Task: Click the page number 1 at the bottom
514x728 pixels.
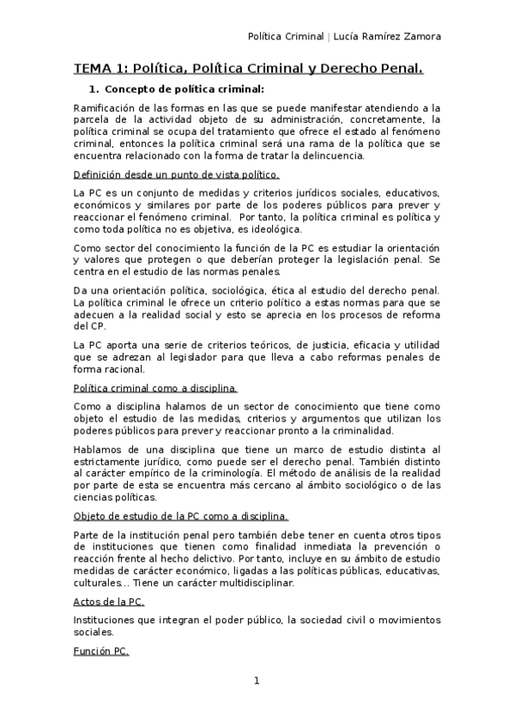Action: [x=256, y=681]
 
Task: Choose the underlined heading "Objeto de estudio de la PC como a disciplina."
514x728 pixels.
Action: [x=180, y=516]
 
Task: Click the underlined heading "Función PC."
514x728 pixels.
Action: [x=101, y=652]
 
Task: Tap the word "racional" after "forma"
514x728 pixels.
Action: [x=125, y=369]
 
